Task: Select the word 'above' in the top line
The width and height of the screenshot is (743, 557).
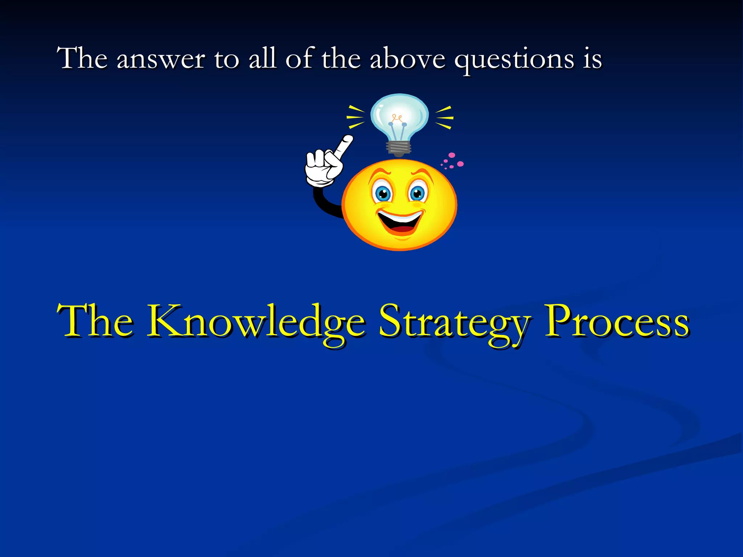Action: [407, 59]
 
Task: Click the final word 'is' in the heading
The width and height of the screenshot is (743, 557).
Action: [592, 59]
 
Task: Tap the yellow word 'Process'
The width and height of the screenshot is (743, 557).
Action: [617, 321]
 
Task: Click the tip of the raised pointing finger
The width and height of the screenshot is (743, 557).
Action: [348, 139]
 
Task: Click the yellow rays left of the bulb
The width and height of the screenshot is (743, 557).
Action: [356, 117]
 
